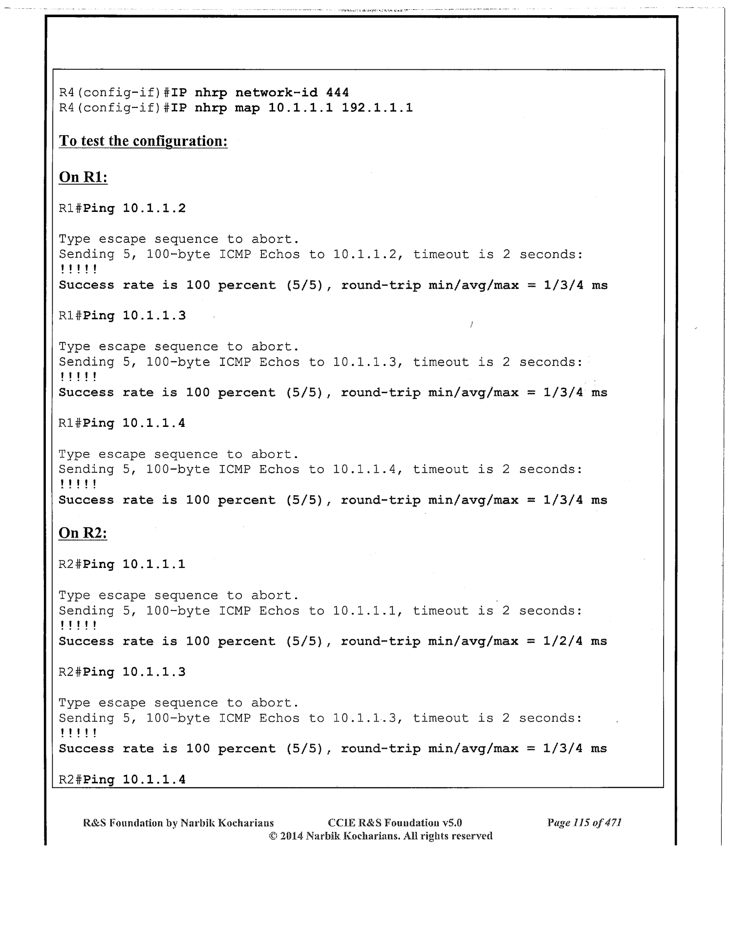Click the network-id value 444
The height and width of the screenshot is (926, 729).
click(337, 92)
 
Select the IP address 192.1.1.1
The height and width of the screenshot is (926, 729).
click(377, 107)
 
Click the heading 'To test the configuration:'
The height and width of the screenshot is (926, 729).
click(143, 141)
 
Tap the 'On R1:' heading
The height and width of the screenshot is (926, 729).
click(83, 177)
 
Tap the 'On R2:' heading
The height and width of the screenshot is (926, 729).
click(83, 533)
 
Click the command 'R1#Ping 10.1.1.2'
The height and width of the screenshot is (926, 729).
click(122, 209)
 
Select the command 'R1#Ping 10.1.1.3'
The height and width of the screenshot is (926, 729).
click(122, 316)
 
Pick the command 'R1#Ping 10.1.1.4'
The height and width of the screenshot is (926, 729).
click(122, 423)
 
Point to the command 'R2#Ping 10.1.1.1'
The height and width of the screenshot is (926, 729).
click(122, 565)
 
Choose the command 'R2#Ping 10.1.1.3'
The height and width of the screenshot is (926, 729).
click(122, 672)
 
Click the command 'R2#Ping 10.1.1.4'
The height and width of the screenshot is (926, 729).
click(122, 779)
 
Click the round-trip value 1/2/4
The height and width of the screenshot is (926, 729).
click(562, 641)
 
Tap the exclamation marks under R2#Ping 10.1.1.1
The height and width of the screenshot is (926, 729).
click(78, 626)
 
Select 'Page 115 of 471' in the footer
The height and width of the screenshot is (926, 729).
click(584, 823)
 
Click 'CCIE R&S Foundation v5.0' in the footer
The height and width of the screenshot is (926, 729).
click(395, 823)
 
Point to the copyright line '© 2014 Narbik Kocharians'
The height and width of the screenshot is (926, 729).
click(381, 836)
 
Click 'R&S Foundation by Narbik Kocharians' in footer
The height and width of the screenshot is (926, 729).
click(178, 823)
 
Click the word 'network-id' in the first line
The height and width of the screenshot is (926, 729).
click(276, 92)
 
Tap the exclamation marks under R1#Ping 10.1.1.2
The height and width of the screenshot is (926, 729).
click(78, 270)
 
